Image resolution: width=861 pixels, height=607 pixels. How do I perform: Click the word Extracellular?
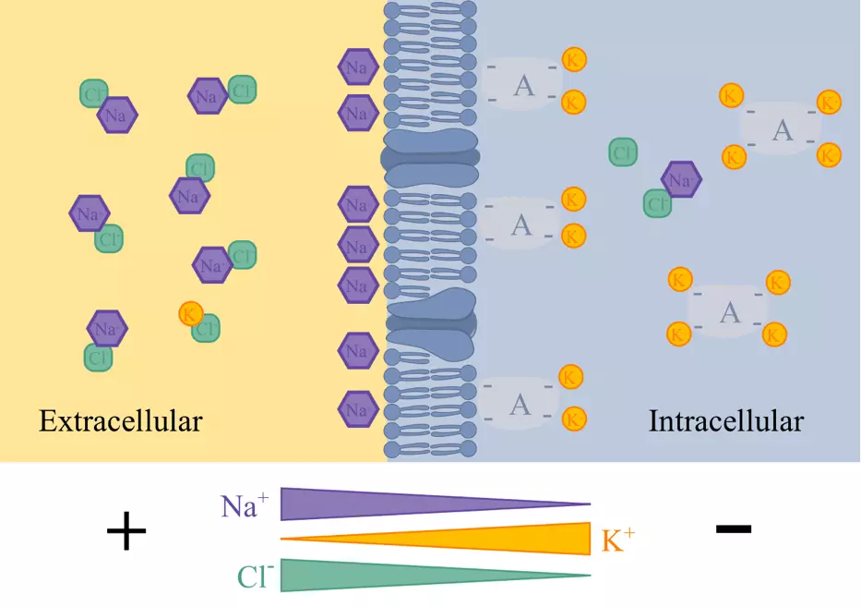[120, 422]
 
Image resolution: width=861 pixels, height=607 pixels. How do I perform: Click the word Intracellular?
[725, 422]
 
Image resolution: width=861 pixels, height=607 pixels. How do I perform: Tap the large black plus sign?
[126, 533]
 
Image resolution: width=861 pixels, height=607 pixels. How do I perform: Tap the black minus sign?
[733, 528]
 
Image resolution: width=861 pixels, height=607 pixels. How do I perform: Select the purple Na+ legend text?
[245, 505]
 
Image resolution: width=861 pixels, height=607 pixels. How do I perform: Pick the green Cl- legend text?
[255, 577]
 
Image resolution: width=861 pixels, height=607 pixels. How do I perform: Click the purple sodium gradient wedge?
[369, 504]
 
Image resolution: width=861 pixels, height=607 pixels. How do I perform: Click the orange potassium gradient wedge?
[517, 539]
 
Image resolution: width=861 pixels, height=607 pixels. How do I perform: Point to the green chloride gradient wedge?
[369, 575]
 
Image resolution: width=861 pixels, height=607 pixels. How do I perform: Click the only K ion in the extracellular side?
[191, 313]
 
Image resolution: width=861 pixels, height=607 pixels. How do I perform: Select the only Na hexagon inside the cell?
[682, 180]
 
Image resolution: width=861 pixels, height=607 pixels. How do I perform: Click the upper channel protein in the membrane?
[431, 157]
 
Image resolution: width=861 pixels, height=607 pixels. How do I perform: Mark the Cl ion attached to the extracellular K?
[207, 328]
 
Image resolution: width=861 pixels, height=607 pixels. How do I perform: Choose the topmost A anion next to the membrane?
[522, 86]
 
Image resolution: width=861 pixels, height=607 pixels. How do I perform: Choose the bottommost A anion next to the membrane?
[520, 404]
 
